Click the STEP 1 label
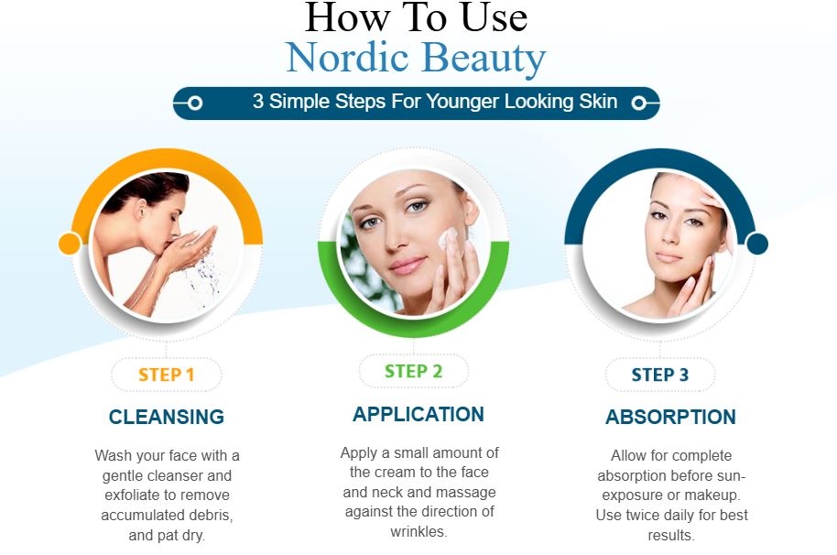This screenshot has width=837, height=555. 166,375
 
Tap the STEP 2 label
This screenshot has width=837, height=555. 414,371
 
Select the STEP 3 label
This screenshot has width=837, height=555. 660,375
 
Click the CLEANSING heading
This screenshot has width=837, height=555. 167,417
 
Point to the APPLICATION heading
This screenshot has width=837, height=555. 418,414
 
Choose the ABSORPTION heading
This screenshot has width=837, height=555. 671,417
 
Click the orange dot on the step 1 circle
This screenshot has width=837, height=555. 70,244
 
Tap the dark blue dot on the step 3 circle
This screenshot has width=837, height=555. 757,244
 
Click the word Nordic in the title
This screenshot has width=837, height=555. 347,58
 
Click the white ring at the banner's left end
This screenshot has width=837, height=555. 195,103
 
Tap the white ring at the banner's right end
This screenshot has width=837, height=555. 638,103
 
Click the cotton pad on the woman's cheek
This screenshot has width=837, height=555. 448,238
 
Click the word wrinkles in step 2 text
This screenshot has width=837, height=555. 419,531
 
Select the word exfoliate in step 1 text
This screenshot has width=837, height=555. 137,495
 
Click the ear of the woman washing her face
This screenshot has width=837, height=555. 141,210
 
